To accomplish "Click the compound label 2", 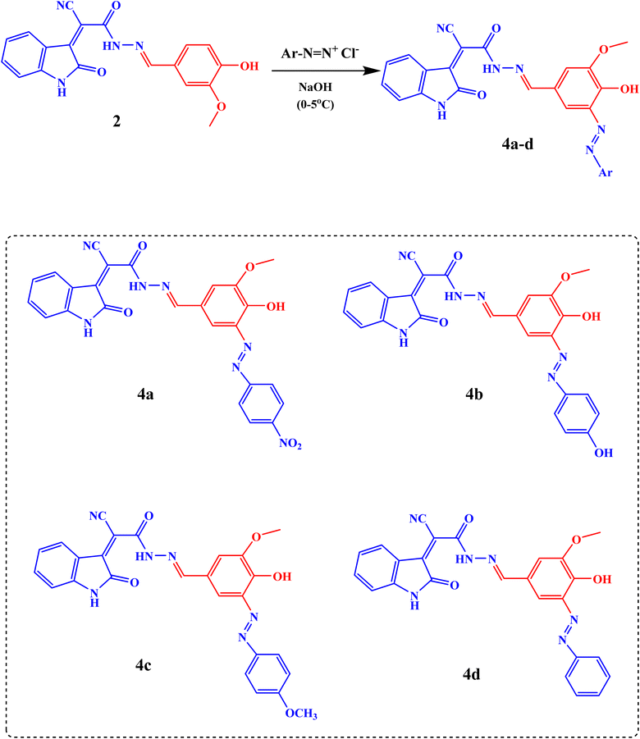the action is (x=117, y=121).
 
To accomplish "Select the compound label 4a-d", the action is (x=518, y=144).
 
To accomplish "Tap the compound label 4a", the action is (x=145, y=394).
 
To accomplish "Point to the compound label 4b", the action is (x=474, y=394).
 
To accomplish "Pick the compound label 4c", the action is (x=143, y=664).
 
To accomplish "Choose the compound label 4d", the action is (x=471, y=674).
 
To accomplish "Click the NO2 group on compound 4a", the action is (x=290, y=444).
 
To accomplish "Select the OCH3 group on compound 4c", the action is (x=301, y=714).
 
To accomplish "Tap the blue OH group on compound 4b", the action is (x=603, y=453).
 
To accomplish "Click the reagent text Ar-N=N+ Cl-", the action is (x=320, y=52).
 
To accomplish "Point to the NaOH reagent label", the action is (x=315, y=87).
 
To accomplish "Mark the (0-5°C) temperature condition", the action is (x=315, y=104).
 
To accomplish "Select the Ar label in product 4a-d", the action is (x=606, y=172).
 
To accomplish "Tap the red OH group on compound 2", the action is (x=249, y=66).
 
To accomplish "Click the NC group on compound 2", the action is (x=66, y=6).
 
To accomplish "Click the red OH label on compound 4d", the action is (x=601, y=579).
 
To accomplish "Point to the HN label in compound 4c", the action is (x=144, y=557).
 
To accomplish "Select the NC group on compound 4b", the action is (x=407, y=256).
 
